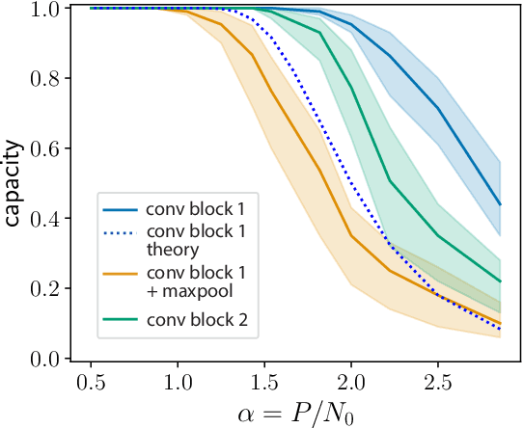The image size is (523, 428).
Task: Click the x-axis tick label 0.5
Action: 90,383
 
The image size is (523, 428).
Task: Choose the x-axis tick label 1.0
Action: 178,383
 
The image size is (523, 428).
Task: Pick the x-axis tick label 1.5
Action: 264,383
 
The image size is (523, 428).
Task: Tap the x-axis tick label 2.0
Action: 351,383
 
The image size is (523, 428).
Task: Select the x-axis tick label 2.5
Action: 439,383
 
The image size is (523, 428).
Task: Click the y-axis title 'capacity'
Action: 13,183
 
